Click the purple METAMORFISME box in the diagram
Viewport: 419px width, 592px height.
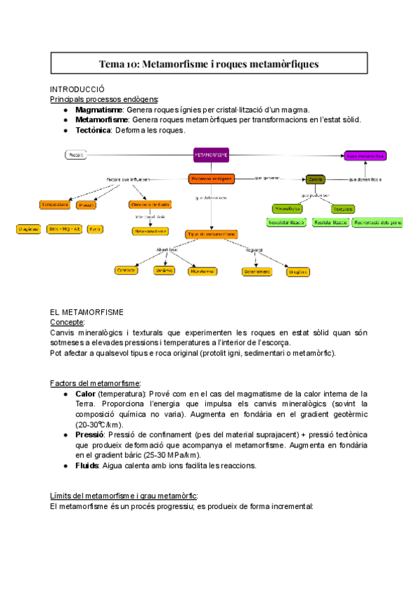211,154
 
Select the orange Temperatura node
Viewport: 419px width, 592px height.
54,205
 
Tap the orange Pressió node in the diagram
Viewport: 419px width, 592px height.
87,205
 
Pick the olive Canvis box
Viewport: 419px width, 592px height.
316,179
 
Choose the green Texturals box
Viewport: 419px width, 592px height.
342,209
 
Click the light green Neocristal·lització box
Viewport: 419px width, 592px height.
286,223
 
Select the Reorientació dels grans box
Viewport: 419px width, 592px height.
377,223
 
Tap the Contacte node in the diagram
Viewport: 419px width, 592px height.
126,270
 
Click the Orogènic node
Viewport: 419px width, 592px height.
297,272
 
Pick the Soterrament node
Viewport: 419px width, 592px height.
257,272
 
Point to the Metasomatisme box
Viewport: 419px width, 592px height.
150,230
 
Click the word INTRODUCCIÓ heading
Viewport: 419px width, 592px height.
78,89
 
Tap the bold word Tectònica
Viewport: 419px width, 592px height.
93,130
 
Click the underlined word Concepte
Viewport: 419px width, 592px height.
68,323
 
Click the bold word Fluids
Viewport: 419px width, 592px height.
87,466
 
